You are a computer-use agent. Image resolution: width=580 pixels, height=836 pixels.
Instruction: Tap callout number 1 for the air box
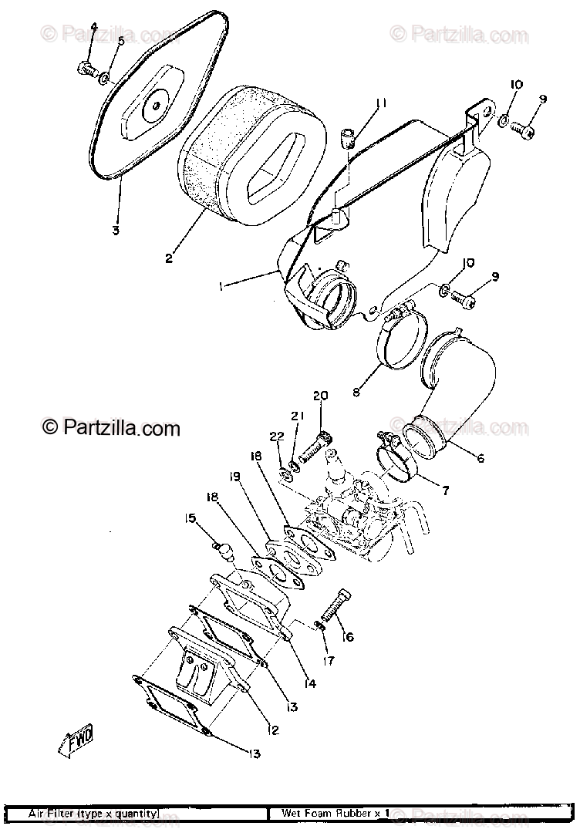point(221,287)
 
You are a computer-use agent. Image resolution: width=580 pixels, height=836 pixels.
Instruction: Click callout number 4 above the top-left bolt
point(93,27)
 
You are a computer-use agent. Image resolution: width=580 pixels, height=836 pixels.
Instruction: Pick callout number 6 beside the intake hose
point(480,458)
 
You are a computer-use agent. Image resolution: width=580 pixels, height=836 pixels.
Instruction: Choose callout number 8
point(356,392)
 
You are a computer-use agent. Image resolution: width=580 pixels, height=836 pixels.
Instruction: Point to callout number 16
point(348,637)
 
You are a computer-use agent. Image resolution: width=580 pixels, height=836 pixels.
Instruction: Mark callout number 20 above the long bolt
point(320,396)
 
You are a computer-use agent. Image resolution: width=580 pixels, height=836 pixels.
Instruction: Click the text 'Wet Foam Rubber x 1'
point(335,814)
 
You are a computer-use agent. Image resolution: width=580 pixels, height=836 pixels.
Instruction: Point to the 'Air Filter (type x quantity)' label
point(93,814)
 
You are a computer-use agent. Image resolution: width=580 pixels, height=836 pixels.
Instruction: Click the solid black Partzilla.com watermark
point(111,426)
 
